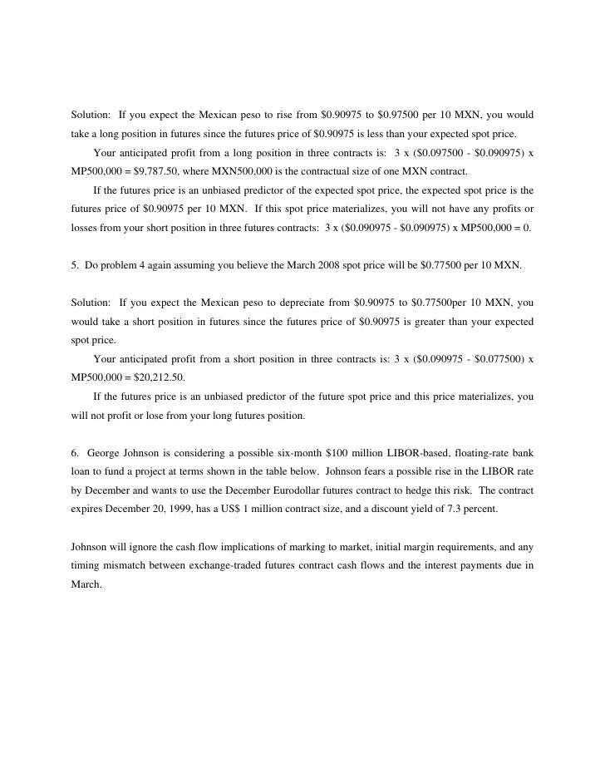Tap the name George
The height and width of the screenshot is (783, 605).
[x=105, y=452]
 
